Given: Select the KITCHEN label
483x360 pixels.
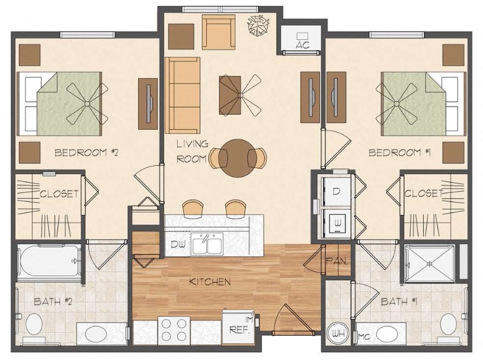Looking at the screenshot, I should click(210, 282).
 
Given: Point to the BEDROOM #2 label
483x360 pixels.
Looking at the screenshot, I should click(87, 153).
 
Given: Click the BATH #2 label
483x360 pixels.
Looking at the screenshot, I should click(53, 302).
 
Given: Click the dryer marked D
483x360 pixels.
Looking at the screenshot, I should click(335, 191).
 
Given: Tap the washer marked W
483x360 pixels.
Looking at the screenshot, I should click(335, 223).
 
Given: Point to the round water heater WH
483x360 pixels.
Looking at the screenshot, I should click(339, 333).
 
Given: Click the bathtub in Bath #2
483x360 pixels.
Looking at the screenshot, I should click(49, 261).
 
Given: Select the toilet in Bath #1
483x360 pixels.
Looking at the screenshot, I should click(449, 325).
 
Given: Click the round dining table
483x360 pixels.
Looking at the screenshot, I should click(238, 156).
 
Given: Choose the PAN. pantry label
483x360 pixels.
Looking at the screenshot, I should click(336, 261).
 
